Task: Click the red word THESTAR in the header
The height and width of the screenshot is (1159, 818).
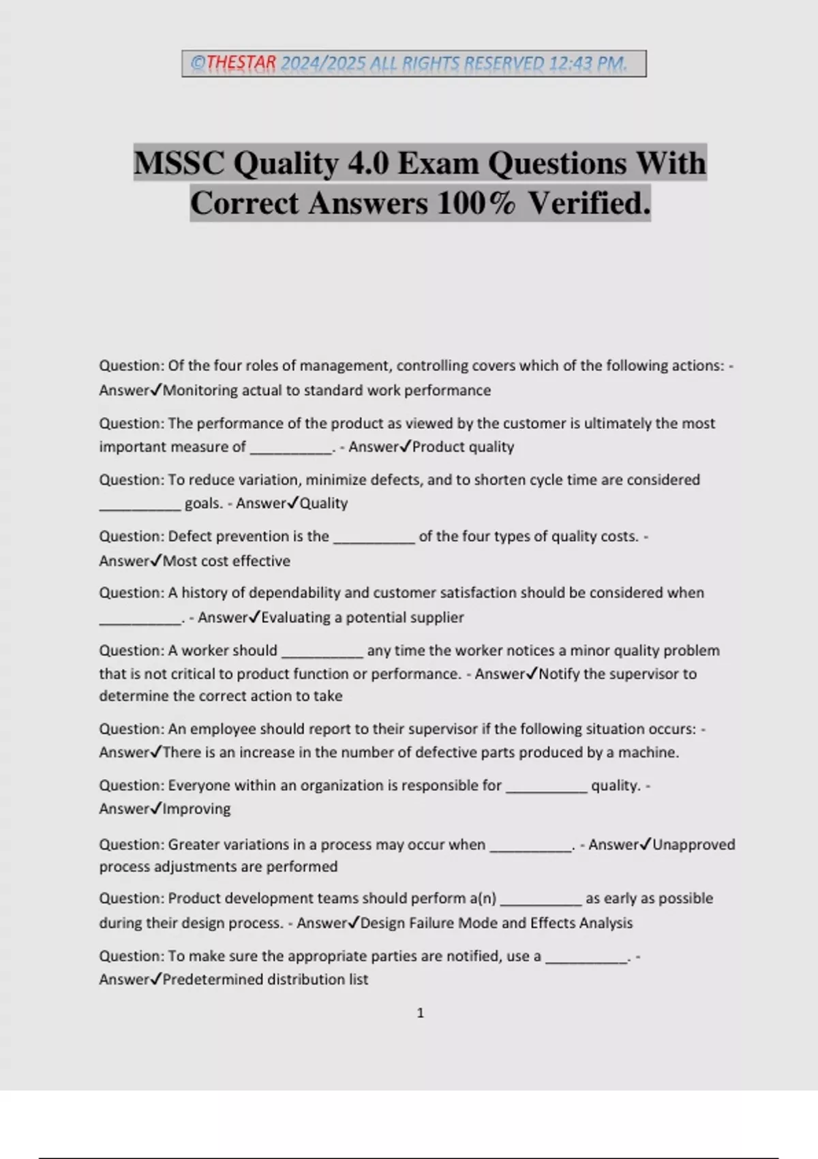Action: [x=241, y=63]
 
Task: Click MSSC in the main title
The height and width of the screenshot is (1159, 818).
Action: [x=179, y=163]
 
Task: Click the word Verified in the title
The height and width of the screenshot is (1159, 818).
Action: [x=589, y=203]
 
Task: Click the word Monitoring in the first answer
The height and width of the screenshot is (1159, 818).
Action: [x=196, y=391]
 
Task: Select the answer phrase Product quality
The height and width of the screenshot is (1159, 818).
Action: [x=463, y=447]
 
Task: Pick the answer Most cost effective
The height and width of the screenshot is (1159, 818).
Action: [x=226, y=561]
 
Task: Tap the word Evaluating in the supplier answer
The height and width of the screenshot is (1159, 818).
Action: [x=296, y=618]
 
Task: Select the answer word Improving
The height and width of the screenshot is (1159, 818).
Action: [x=196, y=809]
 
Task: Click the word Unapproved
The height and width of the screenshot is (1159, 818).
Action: [x=694, y=845]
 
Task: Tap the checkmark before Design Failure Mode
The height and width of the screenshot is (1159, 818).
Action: [x=354, y=922]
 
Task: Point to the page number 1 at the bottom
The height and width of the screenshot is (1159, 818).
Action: [x=420, y=1013]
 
